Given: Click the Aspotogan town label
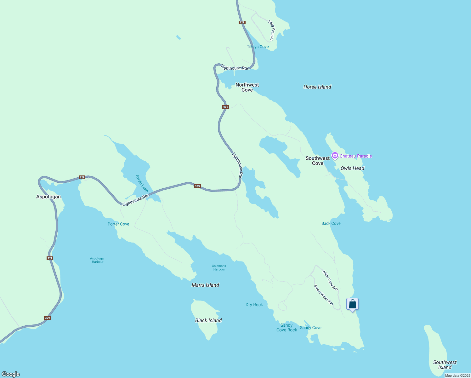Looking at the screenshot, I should pos(48,197).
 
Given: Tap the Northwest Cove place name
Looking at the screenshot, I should pos(247,87).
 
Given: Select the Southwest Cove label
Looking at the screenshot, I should pos(318,161).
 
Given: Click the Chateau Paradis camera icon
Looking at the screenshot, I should pos(335,156).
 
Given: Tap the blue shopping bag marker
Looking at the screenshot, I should pos(352,304).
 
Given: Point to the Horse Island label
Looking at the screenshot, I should pos(317,87).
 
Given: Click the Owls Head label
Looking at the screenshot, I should pos(352,168).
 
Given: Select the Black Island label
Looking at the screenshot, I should pos(208,320).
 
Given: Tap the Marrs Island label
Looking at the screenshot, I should pos(205,285).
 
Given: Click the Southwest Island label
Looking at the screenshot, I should pos(445,365).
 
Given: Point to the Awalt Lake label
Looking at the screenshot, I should pos(142,184).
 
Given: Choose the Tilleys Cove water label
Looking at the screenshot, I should pos(258,47).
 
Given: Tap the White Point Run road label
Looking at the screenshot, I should pos(330,280).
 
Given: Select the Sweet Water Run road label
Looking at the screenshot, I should pos(323,295).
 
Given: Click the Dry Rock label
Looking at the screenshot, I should pos(254,305).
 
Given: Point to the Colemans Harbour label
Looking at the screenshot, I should pos(219,267).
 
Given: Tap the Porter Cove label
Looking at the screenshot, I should pos(118,224).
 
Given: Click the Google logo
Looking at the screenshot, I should pos(11,374).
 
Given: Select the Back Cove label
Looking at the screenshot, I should pos(331,223).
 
